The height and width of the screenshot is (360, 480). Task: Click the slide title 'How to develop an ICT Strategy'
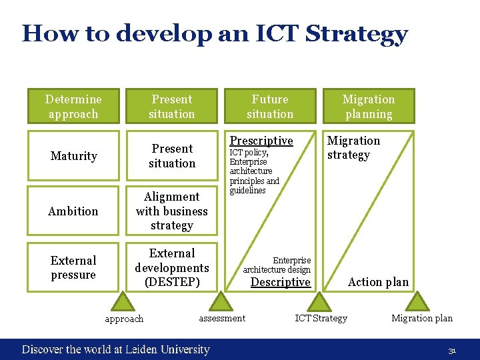tap(215, 33)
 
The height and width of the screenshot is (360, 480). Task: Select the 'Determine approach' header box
tap(73, 107)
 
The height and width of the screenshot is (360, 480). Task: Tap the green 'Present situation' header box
tap(172, 107)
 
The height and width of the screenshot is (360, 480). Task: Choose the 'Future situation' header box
tap(270, 107)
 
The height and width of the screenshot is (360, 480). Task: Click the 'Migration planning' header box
tap(369, 107)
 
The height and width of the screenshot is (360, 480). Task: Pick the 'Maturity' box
tap(73, 156)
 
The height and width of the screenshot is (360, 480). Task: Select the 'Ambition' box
tap(73, 211)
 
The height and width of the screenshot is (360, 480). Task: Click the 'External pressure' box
tap(73, 268)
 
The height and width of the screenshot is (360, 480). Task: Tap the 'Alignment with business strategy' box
tap(172, 211)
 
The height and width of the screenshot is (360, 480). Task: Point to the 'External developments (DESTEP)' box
tap(172, 268)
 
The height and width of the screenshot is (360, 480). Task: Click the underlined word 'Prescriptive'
tap(261, 141)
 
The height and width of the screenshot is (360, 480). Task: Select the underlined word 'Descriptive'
tap(280, 282)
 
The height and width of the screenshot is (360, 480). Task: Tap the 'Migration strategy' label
tap(353, 148)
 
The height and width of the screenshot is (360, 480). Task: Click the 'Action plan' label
tap(378, 282)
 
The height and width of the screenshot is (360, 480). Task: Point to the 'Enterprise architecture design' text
tap(277, 265)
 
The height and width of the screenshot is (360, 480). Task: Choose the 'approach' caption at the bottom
tap(124, 319)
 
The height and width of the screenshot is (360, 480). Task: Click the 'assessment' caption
tap(222, 318)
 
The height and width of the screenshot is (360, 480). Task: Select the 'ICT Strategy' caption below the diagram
tap(321, 318)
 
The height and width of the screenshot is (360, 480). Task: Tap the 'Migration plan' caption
tap(421, 318)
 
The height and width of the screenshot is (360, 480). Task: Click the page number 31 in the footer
tap(452, 350)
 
